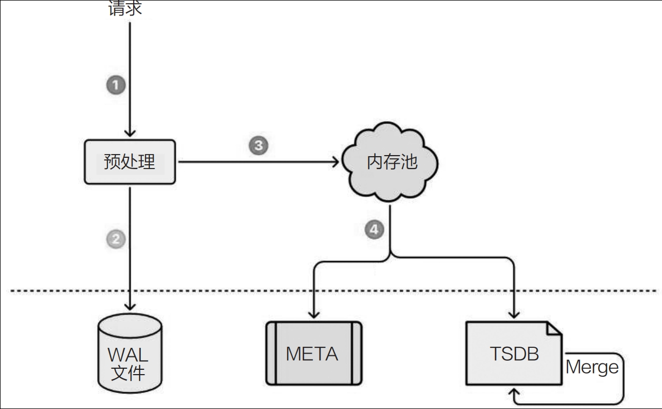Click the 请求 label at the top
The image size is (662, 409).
[x=125, y=9]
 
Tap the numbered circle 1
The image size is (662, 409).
[x=116, y=85]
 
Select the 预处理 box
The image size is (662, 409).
[x=130, y=162]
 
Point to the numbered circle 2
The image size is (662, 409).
[x=116, y=238]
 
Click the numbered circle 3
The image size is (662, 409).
[x=258, y=145]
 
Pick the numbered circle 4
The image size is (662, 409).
[x=374, y=230]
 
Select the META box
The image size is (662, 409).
[x=313, y=353]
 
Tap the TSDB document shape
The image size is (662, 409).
[x=514, y=353]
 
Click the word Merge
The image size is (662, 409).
[x=592, y=368]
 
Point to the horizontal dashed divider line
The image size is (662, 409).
[x=333, y=291]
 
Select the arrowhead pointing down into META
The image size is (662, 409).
[x=313, y=316]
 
